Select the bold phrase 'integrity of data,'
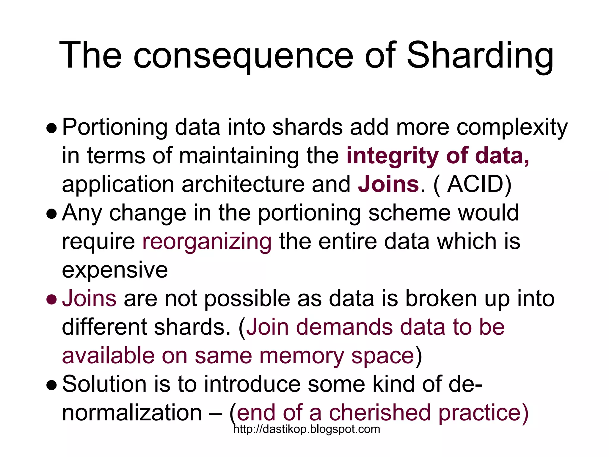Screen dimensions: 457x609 pyautogui.click(x=438, y=156)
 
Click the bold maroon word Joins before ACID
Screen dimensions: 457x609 pyautogui.click(x=388, y=184)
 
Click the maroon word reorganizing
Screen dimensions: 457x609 pyautogui.click(x=207, y=242)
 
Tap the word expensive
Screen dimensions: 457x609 pyautogui.click(x=115, y=270)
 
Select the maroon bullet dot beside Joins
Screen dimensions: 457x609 pyautogui.click(x=51, y=300)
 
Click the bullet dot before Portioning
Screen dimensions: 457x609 pyautogui.click(x=51, y=128)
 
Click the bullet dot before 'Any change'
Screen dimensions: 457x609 pyautogui.click(x=51, y=214)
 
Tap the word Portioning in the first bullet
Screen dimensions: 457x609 pyautogui.click(x=115, y=127)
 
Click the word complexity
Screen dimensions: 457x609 pyautogui.click(x=512, y=127)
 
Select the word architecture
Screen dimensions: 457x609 pyautogui.click(x=243, y=184)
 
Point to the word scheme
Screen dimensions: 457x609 pyautogui.click(x=409, y=213)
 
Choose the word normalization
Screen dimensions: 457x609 pyautogui.click(x=132, y=413)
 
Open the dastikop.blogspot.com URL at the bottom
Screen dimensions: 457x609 pyautogui.click(x=307, y=429)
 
